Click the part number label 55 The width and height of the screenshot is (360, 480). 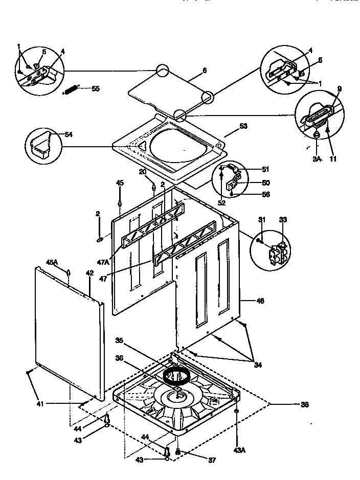96,88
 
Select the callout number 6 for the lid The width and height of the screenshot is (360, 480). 205,72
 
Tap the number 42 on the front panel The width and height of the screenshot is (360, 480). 89,273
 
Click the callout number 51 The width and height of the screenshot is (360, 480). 265,169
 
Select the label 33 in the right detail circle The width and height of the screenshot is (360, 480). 283,220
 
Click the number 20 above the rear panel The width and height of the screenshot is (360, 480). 143,172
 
